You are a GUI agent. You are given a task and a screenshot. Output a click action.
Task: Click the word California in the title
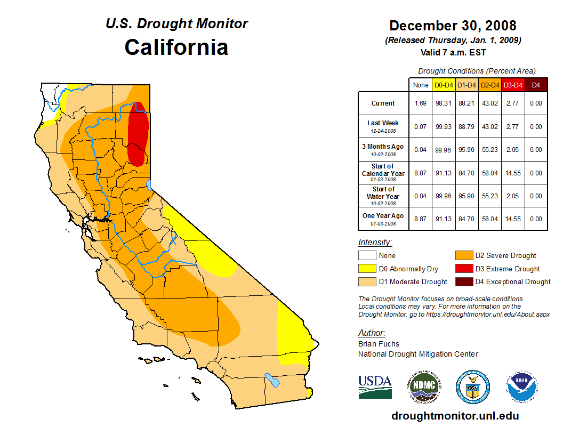pos(176,47)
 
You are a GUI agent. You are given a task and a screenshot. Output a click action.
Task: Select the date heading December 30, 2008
pos(453,26)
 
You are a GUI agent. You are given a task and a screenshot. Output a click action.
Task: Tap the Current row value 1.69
pos(421,103)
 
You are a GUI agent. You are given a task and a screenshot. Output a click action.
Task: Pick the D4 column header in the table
pos(536,85)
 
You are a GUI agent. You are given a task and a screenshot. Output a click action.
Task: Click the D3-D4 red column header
pos(513,85)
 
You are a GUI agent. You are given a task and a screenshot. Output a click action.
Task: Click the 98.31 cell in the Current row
pos(444,103)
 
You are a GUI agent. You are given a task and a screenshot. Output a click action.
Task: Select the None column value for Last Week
pos(421,127)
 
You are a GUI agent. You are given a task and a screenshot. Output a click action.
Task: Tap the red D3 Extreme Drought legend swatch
pos(463,269)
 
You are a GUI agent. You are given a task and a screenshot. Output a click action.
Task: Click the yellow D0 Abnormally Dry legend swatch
pos(367,269)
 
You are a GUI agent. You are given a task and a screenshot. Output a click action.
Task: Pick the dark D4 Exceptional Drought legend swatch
pos(463,281)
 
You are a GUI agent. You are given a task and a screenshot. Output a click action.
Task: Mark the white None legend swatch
pos(367,255)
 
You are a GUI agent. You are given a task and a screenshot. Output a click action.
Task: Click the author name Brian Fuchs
pos(379,344)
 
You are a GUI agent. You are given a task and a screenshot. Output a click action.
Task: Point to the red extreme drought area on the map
pos(139,133)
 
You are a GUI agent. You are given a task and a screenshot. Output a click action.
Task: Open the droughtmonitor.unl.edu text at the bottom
pos(455,416)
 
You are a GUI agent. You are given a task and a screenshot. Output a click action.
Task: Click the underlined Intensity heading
pos(375,242)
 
